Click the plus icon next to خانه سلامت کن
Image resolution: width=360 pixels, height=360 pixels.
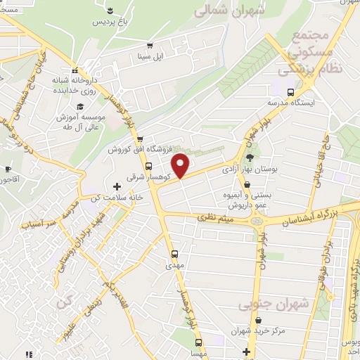117,186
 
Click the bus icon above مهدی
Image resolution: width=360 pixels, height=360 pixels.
174,254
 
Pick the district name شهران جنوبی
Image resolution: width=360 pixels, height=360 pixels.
264,305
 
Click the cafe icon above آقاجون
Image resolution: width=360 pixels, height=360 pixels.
8,169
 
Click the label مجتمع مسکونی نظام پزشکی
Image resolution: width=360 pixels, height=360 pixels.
304,53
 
